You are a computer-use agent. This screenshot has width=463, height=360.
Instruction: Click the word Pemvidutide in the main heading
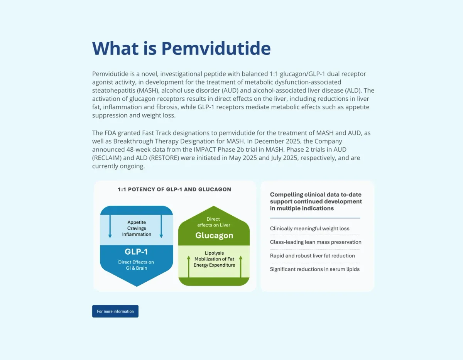click(x=216, y=48)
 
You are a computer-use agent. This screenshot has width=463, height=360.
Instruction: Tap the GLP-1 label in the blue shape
click(x=136, y=252)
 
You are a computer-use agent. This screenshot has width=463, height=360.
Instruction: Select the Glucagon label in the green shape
click(x=214, y=235)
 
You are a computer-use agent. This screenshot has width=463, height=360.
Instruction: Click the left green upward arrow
click(x=189, y=266)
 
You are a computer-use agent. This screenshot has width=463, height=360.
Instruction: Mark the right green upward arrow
click(x=240, y=266)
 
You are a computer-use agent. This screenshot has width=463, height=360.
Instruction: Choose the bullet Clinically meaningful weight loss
click(x=309, y=228)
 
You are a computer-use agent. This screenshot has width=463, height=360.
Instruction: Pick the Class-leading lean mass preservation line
click(x=316, y=242)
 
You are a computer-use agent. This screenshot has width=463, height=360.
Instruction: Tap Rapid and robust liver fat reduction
click(x=312, y=255)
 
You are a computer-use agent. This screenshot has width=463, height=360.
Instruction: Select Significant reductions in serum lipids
click(x=314, y=269)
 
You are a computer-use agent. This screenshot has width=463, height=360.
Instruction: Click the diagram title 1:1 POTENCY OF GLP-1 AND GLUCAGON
click(x=174, y=189)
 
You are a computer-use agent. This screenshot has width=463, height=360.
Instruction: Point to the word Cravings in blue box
click(x=137, y=228)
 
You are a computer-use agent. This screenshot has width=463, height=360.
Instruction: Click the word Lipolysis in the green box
click(x=214, y=253)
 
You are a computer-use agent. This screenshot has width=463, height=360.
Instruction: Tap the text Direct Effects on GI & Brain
click(x=136, y=265)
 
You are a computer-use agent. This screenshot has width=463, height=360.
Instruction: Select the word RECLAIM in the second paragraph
click(x=108, y=158)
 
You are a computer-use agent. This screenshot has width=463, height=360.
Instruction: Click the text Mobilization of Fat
click(x=214, y=259)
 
